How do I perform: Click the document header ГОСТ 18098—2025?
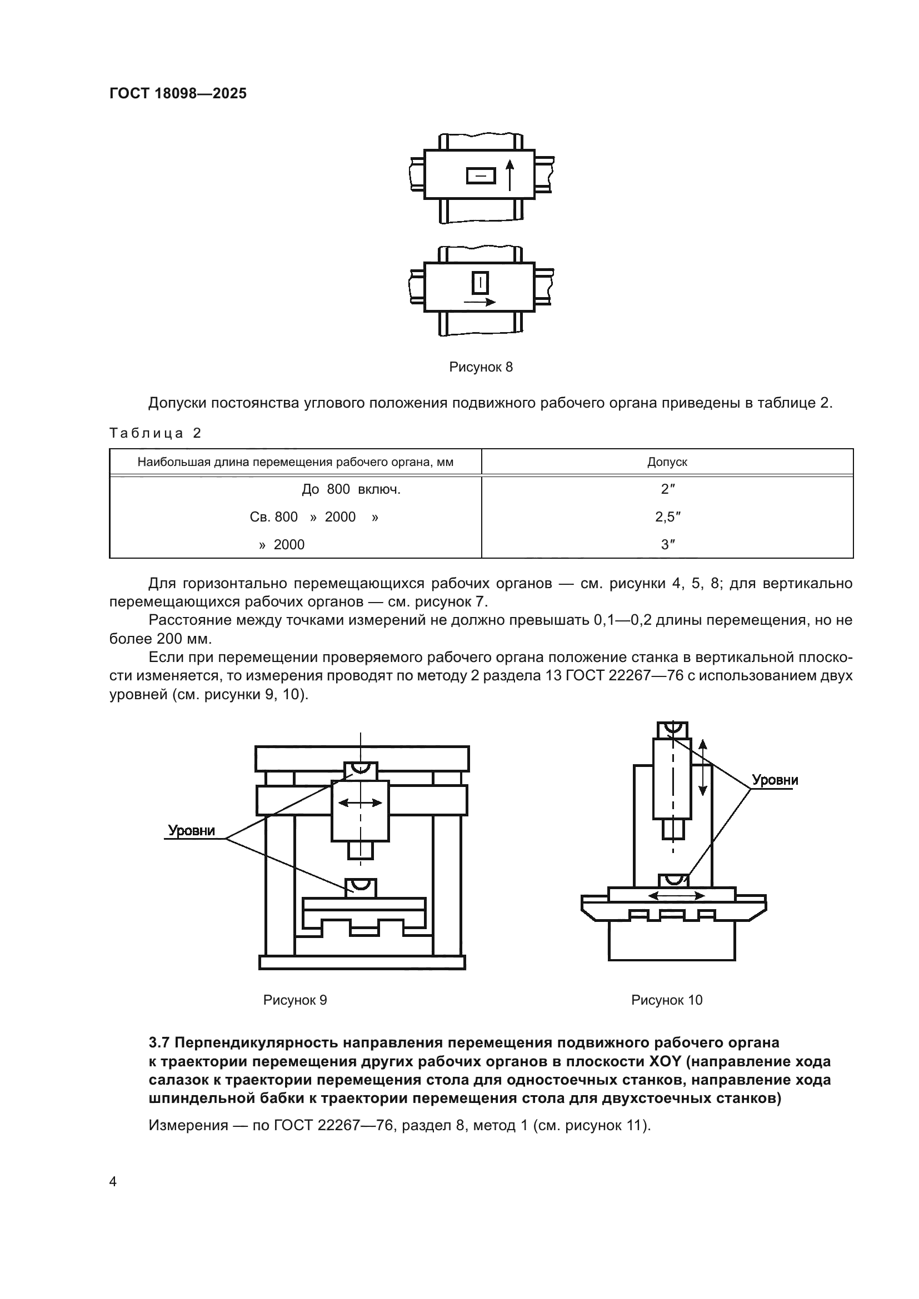[178, 94]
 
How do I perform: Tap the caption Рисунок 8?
[481, 367]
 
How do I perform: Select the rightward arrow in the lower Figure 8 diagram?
[480, 302]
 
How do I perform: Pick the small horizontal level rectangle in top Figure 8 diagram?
[481, 176]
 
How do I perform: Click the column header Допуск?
[667, 462]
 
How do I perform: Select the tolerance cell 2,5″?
[667, 516]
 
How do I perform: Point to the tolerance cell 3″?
[667, 544]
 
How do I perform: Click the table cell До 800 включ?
[351, 489]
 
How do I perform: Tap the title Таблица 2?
[155, 433]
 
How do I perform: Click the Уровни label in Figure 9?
[191, 830]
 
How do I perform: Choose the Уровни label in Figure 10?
[775, 780]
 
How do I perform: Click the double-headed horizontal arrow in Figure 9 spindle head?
[360, 803]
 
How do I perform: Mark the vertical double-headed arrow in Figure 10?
[702, 768]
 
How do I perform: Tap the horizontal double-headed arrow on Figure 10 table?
[676, 896]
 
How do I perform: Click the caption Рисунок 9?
[295, 1000]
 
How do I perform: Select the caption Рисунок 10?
[666, 1000]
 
